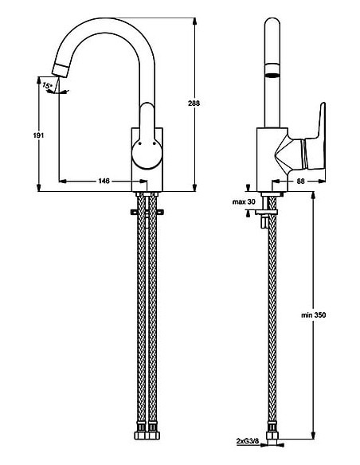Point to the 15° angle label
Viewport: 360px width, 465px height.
[x=47, y=85]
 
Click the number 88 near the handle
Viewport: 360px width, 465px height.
[x=301, y=182]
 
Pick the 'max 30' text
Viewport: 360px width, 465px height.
[x=243, y=202]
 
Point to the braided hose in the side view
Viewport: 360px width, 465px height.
[x=272, y=318]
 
